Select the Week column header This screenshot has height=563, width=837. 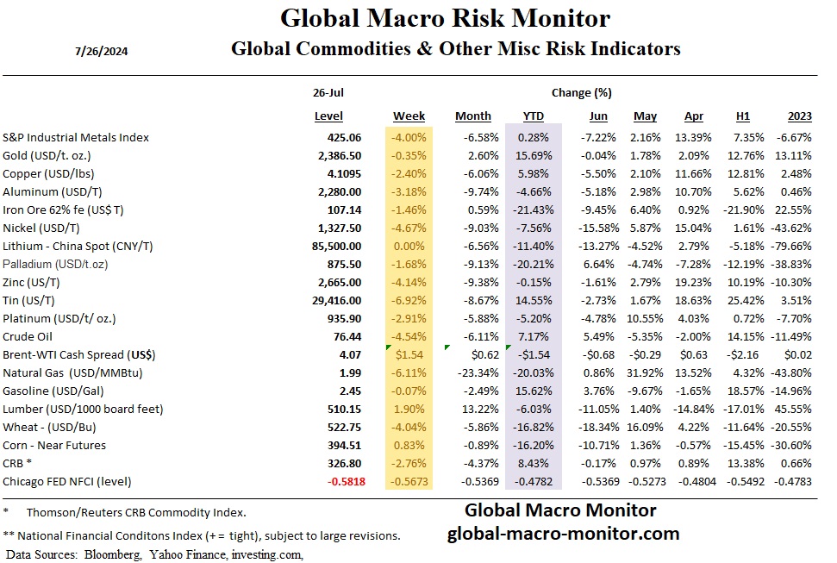(x=409, y=116)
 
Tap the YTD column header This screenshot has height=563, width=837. (x=534, y=116)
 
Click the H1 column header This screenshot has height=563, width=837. (x=743, y=116)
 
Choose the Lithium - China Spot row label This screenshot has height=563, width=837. (x=78, y=246)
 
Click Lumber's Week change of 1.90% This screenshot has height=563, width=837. (x=412, y=409)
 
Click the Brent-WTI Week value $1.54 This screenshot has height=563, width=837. (x=412, y=354)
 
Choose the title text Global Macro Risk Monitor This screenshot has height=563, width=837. (x=445, y=18)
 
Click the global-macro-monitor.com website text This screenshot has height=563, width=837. (x=563, y=534)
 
